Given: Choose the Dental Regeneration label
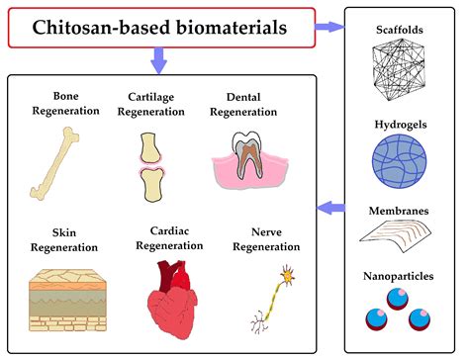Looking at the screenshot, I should (245, 103).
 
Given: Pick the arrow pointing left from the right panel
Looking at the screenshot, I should (330, 208).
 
